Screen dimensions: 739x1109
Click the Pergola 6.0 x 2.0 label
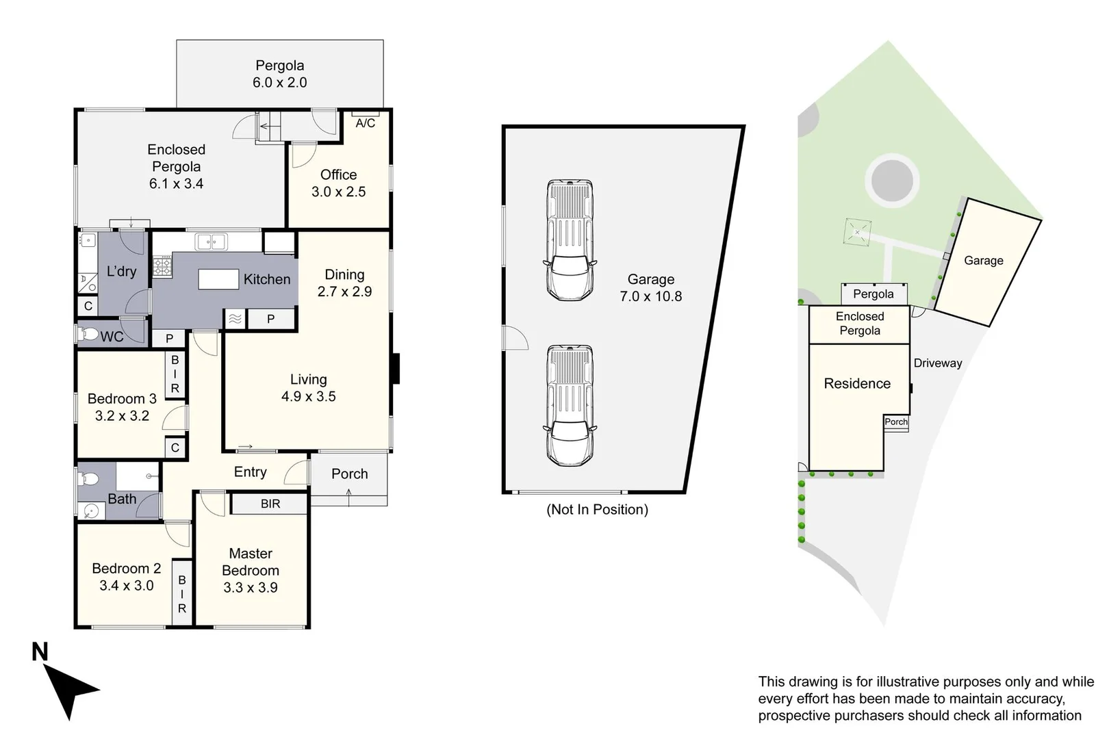pos(279,74)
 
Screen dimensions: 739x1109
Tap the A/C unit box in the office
pos(366,122)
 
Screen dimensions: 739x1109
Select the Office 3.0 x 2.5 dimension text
pos(338,192)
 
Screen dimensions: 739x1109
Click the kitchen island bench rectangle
pos(218,279)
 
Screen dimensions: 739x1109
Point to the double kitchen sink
pos(210,242)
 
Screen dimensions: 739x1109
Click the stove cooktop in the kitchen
pos(162,265)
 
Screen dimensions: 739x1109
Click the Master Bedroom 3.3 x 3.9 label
pos(251,570)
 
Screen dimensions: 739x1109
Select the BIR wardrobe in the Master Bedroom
pos(270,504)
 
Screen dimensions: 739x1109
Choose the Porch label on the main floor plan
pos(349,474)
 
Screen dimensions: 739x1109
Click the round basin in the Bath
pos(91,510)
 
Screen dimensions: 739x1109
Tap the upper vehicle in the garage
pos(570,240)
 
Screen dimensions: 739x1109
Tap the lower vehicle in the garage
pos(570,406)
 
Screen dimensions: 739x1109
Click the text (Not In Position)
pos(597,509)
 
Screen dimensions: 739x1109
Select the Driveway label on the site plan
pos(937,363)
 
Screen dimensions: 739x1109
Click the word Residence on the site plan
pos(857,383)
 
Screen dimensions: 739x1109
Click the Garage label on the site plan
pos(983,260)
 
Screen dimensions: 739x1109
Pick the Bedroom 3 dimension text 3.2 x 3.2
pos(122,415)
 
